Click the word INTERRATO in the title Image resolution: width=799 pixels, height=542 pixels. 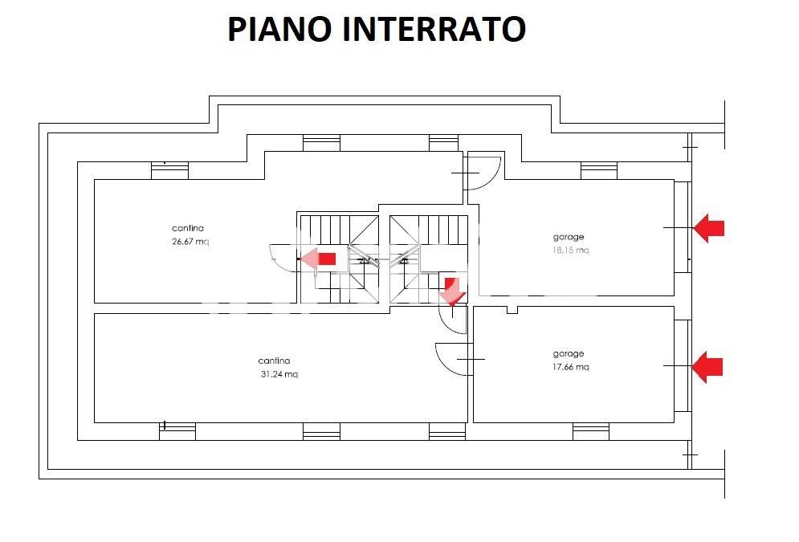click(434, 29)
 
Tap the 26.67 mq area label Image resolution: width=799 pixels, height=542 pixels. click(190, 242)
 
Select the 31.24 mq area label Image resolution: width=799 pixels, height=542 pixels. click(279, 374)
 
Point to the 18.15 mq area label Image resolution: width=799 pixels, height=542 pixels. click(571, 250)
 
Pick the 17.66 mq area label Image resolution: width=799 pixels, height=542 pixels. click(571, 367)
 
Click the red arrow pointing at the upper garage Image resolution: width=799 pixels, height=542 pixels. click(708, 228)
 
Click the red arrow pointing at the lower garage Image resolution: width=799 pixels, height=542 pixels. click(707, 367)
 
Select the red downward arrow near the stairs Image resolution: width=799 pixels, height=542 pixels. click(453, 291)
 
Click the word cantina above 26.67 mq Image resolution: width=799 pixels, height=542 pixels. click(188, 228)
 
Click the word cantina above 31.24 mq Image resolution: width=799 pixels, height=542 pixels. click(274, 361)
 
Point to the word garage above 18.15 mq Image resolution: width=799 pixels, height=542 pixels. click(569, 237)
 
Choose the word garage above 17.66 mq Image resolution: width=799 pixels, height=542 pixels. click(569, 353)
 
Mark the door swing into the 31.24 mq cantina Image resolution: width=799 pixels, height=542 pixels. click(451, 358)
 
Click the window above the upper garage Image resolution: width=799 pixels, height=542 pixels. click(598, 170)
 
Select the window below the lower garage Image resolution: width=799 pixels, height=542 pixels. click(590, 432)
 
